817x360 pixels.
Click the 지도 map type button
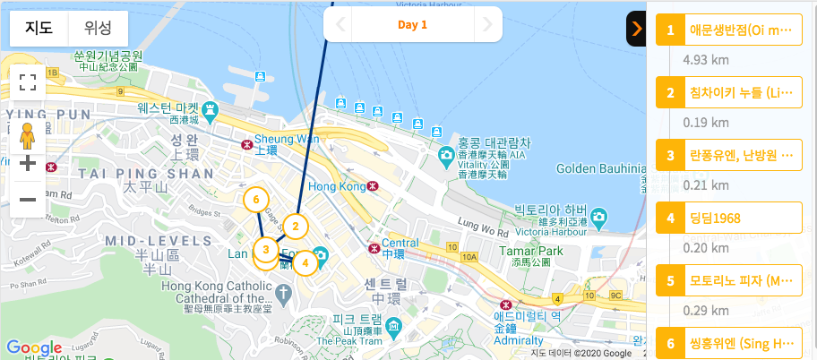point(39,29)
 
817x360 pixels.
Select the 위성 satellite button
point(99,29)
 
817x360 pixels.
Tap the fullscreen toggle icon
point(28,83)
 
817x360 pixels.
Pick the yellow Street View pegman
point(28,135)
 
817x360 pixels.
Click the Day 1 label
point(412,25)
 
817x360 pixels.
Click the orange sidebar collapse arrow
point(636,29)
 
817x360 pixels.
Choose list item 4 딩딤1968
point(729,218)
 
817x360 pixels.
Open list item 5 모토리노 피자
point(729,281)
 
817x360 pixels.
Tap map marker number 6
point(256,199)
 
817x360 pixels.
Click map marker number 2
point(295,226)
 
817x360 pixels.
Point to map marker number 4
point(305,262)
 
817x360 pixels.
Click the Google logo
point(33,347)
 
